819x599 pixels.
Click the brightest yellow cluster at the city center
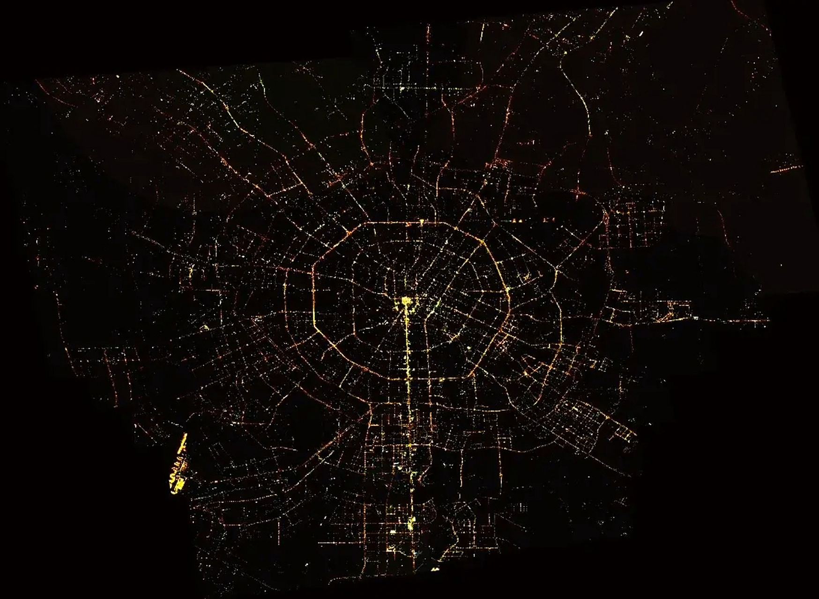(x=406, y=301)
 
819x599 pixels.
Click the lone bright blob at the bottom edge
(x=435, y=569)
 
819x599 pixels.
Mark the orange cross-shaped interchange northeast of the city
(x=497, y=164)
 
